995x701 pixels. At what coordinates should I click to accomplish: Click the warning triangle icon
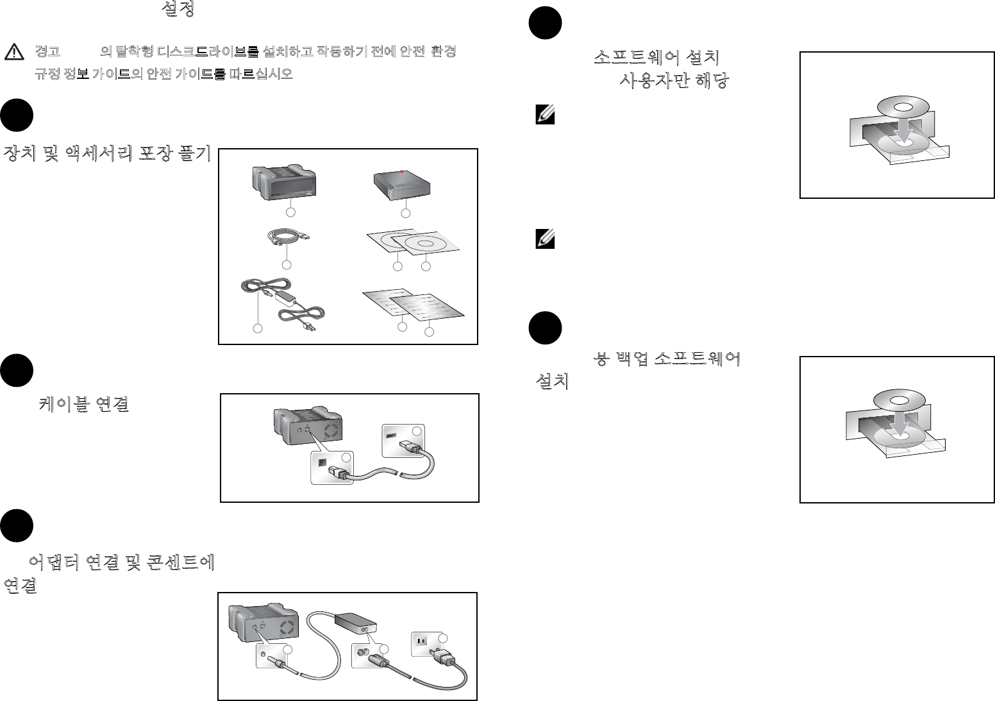pos(13,52)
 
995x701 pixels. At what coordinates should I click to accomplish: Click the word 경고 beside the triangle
pos(47,52)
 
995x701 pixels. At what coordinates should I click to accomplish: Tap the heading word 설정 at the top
pos(178,9)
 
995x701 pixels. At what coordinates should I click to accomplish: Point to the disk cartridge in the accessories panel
pos(402,185)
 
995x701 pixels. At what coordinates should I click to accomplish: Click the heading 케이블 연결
pos(84,404)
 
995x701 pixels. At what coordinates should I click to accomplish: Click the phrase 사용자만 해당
pos(673,82)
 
